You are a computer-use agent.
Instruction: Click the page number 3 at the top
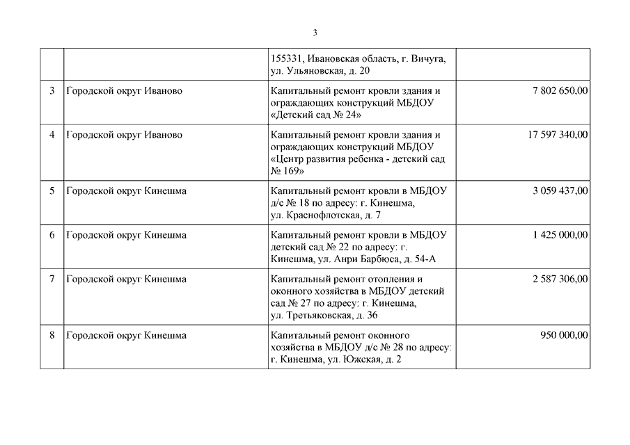click(x=315, y=33)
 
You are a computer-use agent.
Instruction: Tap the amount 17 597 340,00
click(x=558, y=134)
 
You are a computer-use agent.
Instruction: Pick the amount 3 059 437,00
click(x=560, y=191)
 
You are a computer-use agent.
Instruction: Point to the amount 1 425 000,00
click(x=560, y=235)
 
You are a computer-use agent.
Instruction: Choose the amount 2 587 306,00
click(x=560, y=279)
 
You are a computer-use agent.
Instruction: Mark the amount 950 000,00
click(x=564, y=335)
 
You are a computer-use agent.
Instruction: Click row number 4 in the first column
click(x=52, y=134)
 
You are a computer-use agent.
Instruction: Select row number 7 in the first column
click(x=52, y=279)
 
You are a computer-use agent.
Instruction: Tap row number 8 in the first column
click(x=52, y=335)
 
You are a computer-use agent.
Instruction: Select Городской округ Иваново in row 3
click(x=124, y=91)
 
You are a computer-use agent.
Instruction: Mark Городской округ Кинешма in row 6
click(x=126, y=235)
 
